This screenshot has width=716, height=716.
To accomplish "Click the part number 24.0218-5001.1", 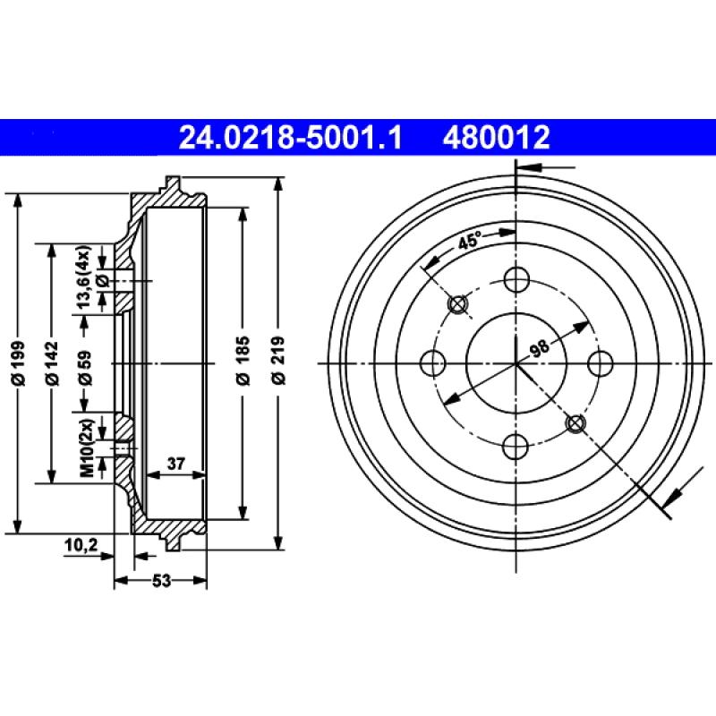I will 292,137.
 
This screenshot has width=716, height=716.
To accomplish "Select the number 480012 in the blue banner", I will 494,137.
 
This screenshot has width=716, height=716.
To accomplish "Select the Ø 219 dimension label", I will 279,362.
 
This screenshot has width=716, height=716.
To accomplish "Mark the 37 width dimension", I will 176,463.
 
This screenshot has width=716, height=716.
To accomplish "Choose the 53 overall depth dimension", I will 160,581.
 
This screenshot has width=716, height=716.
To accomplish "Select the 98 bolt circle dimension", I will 539,348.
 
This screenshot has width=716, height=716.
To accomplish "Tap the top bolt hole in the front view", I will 516,280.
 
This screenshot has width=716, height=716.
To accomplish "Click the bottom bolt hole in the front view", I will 516,447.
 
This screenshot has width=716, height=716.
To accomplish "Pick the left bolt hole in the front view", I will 433,363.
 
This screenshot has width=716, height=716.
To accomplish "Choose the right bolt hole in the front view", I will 600,363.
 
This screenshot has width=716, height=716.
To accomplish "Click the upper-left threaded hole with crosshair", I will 458,305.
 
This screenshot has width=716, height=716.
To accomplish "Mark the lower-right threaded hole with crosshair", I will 575,422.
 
